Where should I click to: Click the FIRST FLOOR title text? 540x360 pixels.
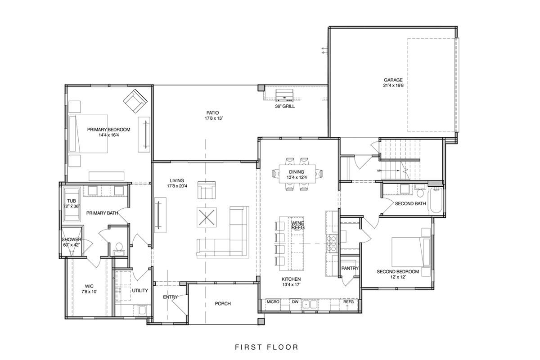click(x=266, y=347)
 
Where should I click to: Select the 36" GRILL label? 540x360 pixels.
click(x=285, y=107)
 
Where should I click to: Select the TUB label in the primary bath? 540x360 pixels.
click(x=71, y=201)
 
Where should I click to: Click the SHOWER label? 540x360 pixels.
click(x=71, y=239)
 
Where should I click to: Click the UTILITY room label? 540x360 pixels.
click(x=139, y=291)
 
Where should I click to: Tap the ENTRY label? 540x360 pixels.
click(x=170, y=297)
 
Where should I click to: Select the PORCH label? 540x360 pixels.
click(x=222, y=304)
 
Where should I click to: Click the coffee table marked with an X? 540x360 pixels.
click(x=207, y=217)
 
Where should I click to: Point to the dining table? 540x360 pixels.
click(x=297, y=174)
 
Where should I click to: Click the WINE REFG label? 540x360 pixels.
click(x=298, y=225)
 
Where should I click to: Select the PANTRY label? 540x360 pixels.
click(x=350, y=268)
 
